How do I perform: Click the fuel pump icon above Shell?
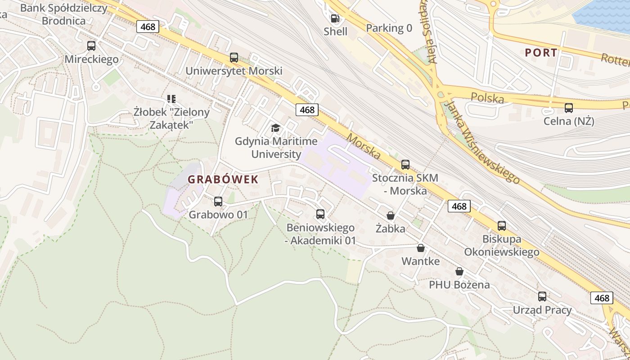click(x=335, y=18)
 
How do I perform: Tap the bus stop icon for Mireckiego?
click(x=91, y=46)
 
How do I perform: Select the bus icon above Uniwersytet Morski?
click(x=234, y=58)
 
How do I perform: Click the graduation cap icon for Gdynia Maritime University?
click(x=275, y=128)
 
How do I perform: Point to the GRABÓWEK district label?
click(x=223, y=180)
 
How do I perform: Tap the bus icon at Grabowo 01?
click(x=218, y=202)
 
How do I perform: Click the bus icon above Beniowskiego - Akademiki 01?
click(x=320, y=214)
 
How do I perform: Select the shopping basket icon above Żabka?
click(x=391, y=216)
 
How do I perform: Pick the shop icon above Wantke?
click(x=421, y=248)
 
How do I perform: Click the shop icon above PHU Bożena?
click(x=459, y=271)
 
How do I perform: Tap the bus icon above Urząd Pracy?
click(x=542, y=297)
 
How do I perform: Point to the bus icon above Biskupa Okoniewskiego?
click(x=502, y=226)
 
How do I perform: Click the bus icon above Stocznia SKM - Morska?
click(x=405, y=165)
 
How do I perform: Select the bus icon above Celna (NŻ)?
click(x=569, y=108)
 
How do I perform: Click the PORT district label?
click(x=541, y=53)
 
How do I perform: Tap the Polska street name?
click(x=487, y=97)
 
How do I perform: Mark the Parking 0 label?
click(x=389, y=28)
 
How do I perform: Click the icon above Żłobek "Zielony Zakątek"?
click(x=171, y=99)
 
